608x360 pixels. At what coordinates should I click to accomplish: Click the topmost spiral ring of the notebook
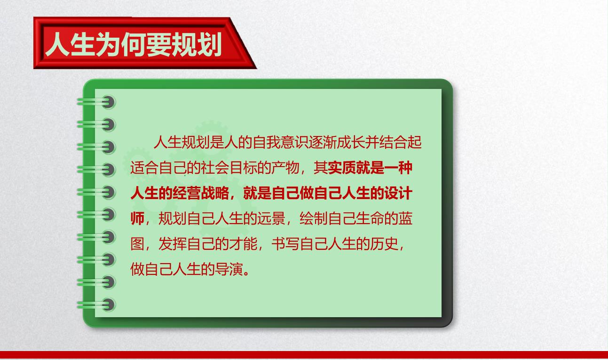(x=96, y=102)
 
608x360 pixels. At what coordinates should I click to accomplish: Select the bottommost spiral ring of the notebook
(x=96, y=304)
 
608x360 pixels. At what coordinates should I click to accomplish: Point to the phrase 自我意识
(x=281, y=143)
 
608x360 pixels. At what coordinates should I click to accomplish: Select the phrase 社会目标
(x=229, y=168)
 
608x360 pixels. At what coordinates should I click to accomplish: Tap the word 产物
(x=285, y=168)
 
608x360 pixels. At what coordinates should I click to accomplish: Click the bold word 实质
(x=341, y=168)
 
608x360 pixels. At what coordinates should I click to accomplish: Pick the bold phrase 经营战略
(x=201, y=193)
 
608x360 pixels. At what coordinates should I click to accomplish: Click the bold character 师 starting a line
(x=138, y=218)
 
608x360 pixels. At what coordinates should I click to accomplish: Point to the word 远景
(x=271, y=218)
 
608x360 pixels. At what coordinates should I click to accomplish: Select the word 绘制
(x=314, y=218)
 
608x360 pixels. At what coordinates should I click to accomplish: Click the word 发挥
(x=173, y=244)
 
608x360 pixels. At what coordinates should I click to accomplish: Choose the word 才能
(x=243, y=244)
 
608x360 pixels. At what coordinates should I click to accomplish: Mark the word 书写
(x=285, y=244)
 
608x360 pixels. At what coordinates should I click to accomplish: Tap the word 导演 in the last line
(x=229, y=269)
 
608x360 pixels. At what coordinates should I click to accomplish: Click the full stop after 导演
(x=246, y=273)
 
